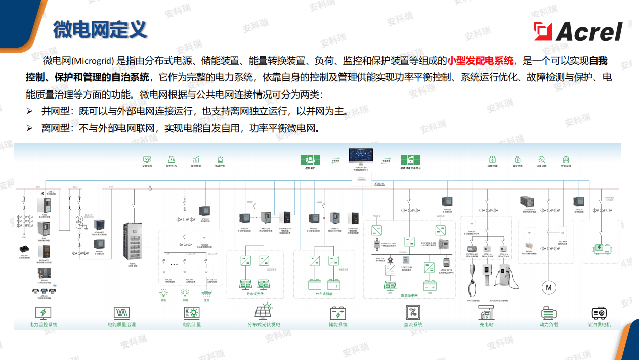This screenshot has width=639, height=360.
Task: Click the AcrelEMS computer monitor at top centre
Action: tap(360, 156)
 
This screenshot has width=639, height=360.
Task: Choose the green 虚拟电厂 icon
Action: tap(309, 160)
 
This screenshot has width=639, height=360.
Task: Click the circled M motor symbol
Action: tap(548, 287)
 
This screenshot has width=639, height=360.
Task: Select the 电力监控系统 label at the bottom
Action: tap(44, 324)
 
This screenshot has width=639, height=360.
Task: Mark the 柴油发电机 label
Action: tap(599, 324)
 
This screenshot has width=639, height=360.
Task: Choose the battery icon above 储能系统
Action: tap(337, 312)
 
